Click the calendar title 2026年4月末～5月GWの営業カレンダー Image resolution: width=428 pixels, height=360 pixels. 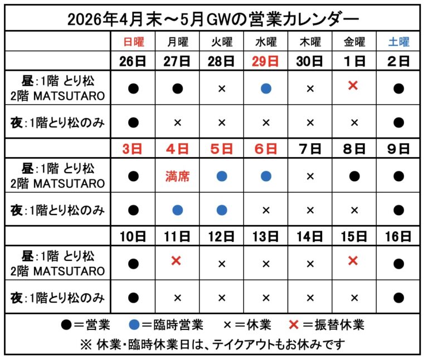pos(213,19)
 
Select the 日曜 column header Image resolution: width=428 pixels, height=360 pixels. pos(134,42)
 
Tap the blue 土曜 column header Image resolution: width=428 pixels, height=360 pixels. pos(398,42)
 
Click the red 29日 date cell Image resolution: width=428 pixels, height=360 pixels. pos(266,61)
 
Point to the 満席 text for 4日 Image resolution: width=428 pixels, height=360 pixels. pos(177,177)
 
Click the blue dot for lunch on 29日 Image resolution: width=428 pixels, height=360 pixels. pos(266,89)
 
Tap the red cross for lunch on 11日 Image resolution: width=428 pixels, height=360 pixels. pos(177,261)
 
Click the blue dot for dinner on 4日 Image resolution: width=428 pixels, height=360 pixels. pos(177,210)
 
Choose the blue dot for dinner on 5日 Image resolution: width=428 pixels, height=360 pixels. pos(222,210)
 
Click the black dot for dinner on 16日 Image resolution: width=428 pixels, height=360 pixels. pos(398,297)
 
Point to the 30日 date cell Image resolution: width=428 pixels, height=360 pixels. pos(310,61)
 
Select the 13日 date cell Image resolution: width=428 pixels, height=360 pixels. pos(266,236)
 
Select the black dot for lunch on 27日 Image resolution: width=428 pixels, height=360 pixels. pos(177,89)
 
